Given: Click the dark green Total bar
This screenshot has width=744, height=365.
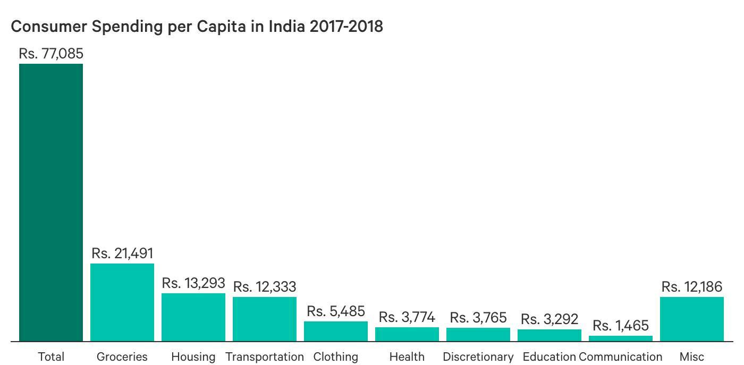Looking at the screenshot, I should pos(51,202).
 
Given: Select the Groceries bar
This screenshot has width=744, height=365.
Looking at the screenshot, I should pos(122,302).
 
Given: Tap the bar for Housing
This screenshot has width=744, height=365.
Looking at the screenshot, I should pos(193,317).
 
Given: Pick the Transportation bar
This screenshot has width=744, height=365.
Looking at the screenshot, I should pos(265,319).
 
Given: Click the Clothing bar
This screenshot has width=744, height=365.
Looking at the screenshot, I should pos(336,331).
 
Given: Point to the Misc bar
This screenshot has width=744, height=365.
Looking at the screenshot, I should pos(692,319).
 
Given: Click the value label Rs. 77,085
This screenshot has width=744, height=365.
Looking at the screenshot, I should pos(51,54).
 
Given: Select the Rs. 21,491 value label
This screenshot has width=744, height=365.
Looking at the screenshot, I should pos(122,253).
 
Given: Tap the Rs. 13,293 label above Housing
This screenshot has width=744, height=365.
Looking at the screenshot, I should pos(193,283).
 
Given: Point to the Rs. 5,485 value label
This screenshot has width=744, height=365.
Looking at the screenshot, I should pos(336,311).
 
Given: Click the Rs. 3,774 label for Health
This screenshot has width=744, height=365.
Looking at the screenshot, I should pos(407,317).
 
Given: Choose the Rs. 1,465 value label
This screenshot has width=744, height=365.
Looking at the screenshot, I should pos(621,325).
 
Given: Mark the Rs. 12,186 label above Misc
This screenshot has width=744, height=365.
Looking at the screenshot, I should pos(692,287).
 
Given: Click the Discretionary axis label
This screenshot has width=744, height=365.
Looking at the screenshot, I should pos(478,356).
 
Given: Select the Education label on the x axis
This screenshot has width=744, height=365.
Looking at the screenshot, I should pos(549,356).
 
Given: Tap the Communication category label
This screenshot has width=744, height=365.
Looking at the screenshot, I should pos(621,356).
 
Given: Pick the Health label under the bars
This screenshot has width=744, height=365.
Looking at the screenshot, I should pos(407,356).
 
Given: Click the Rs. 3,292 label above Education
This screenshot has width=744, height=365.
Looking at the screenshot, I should pos(549,319).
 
